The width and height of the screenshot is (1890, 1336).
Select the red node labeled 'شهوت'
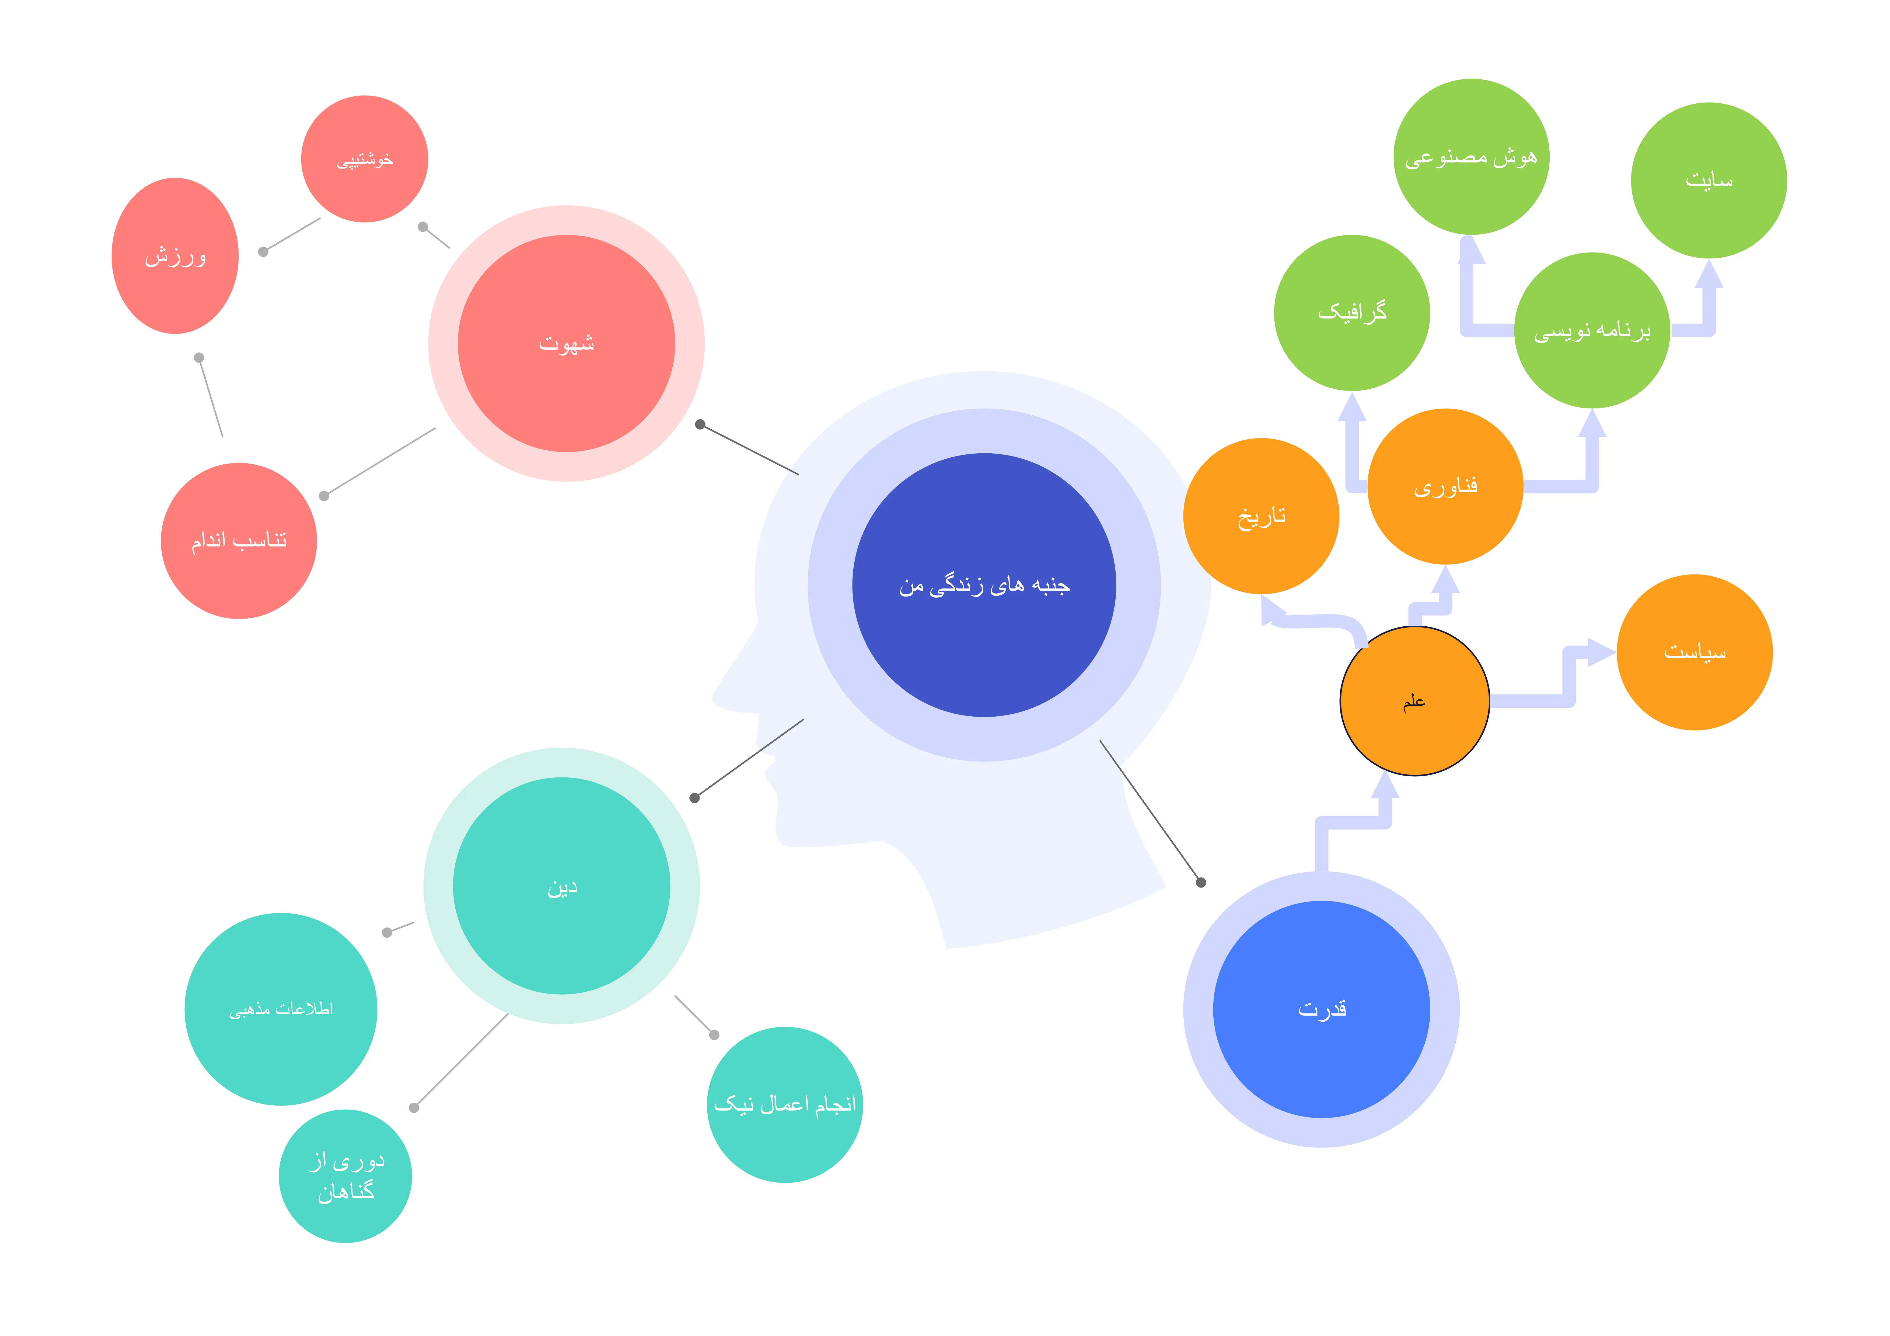point(566,343)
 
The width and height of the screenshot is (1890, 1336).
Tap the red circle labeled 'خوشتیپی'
point(365,159)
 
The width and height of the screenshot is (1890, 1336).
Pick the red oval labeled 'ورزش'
point(175,256)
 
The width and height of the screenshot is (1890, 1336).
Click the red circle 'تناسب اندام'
point(239,541)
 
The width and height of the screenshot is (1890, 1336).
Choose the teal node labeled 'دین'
point(561,886)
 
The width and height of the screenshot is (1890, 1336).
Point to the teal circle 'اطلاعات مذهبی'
point(281,1009)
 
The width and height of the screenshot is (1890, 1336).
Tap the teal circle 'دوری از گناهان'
point(346,1176)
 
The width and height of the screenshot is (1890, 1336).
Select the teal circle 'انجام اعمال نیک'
point(784,1105)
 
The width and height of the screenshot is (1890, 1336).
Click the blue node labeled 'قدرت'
point(1321,1009)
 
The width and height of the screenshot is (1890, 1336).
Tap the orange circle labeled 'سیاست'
point(1694,652)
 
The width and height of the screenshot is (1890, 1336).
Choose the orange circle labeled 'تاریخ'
point(1261,516)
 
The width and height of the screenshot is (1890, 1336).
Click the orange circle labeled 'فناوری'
point(1445,486)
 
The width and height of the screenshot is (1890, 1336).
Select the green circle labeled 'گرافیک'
point(1352,313)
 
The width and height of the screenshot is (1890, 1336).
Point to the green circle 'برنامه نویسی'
point(1592,330)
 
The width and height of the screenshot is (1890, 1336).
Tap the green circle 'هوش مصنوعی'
point(1471,156)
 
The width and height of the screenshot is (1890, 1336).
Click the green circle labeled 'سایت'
point(1709,180)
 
